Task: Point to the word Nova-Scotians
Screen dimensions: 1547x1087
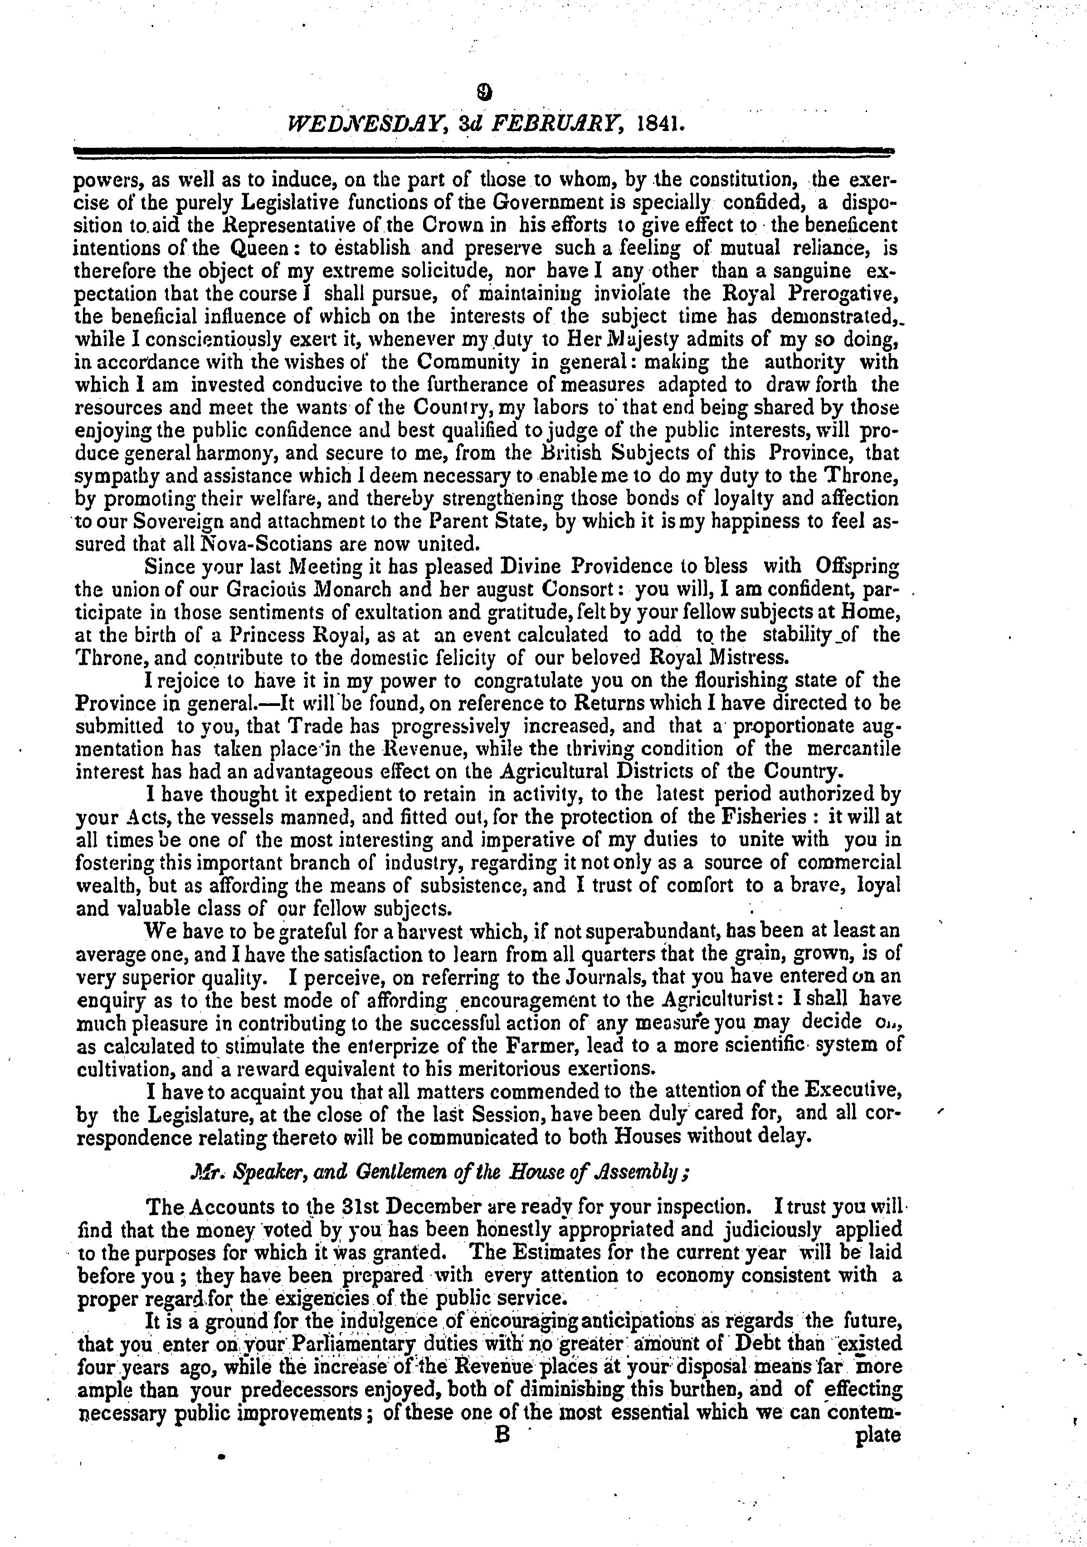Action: (253, 544)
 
